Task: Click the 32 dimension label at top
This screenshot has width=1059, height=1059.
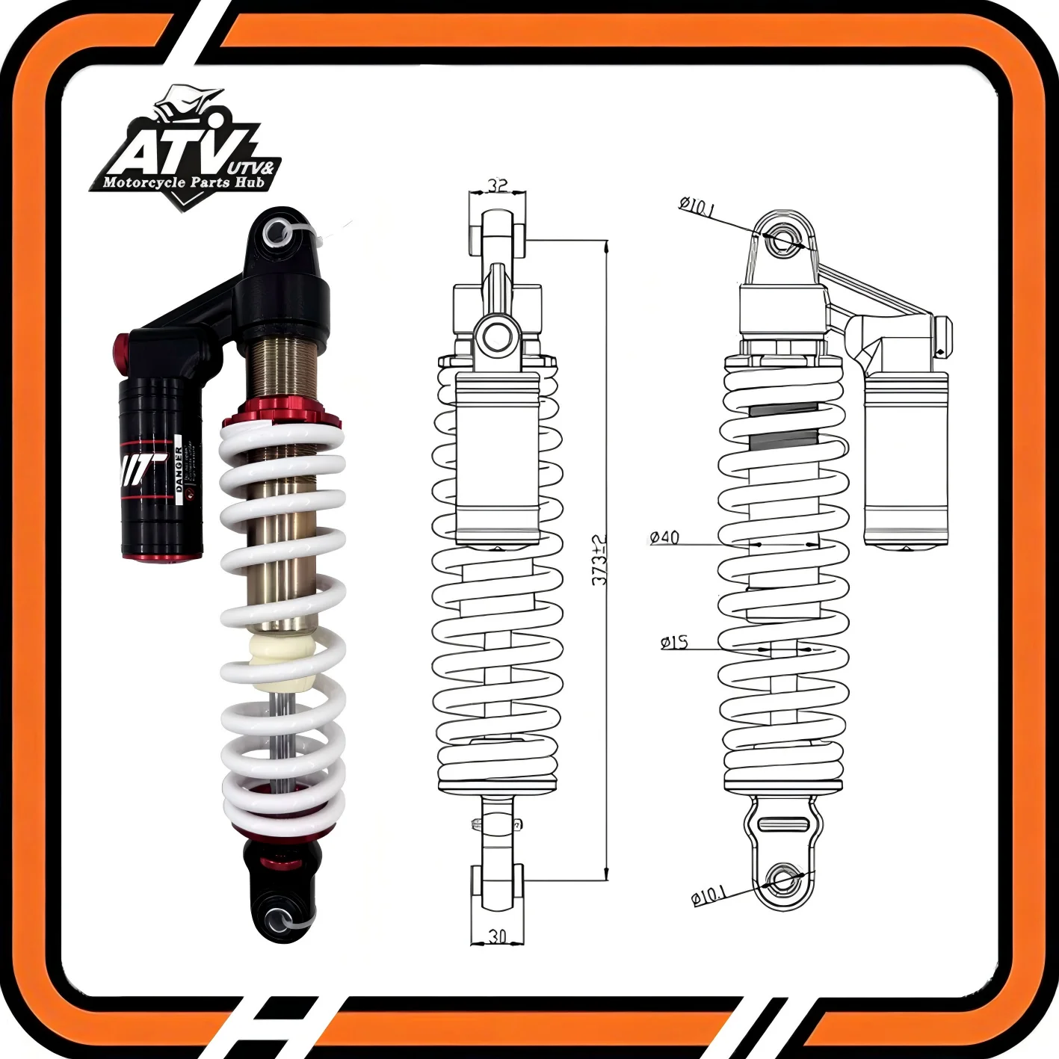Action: (498, 185)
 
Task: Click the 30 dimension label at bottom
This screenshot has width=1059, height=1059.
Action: (497, 935)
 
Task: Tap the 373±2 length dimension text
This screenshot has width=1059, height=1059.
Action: (599, 560)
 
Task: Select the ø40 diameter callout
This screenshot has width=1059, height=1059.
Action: (664, 537)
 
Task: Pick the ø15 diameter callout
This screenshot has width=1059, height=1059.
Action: (674, 642)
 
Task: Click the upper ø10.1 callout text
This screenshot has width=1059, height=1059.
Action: (697, 207)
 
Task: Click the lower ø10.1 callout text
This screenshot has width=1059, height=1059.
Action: (708, 895)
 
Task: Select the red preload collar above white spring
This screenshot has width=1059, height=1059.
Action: (280, 413)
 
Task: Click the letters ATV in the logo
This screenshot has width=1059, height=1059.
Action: (179, 153)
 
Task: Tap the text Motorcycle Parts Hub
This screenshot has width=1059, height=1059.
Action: (184, 182)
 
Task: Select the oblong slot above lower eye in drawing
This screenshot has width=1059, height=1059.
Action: (782, 824)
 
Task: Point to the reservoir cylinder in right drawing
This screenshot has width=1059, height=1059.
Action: (906, 456)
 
